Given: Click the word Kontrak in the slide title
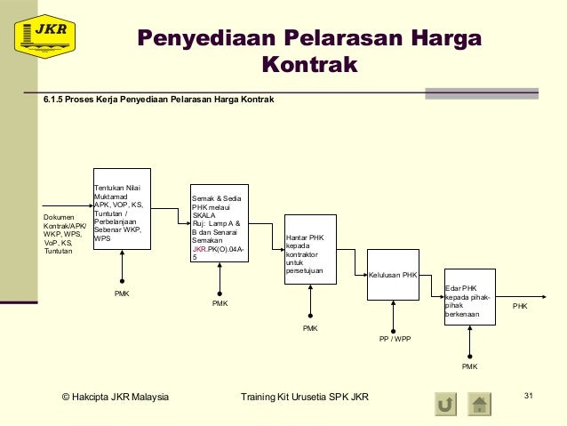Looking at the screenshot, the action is coord(309,65).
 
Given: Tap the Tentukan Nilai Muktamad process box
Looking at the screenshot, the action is coord(122,209).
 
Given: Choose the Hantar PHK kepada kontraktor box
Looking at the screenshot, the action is coord(310,249).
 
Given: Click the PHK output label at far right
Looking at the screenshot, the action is coord(521,306).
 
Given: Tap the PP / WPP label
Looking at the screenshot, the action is coord(395,339).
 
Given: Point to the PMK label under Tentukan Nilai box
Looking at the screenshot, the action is coord(122,293).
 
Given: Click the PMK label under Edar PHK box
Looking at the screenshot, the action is coord(469,366).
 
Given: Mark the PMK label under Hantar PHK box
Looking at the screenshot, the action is coord(310,328).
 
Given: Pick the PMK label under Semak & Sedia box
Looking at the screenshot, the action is coord(220,303).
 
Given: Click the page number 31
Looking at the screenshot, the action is coord(530,395).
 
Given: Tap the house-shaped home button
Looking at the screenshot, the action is coord(480,405).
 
